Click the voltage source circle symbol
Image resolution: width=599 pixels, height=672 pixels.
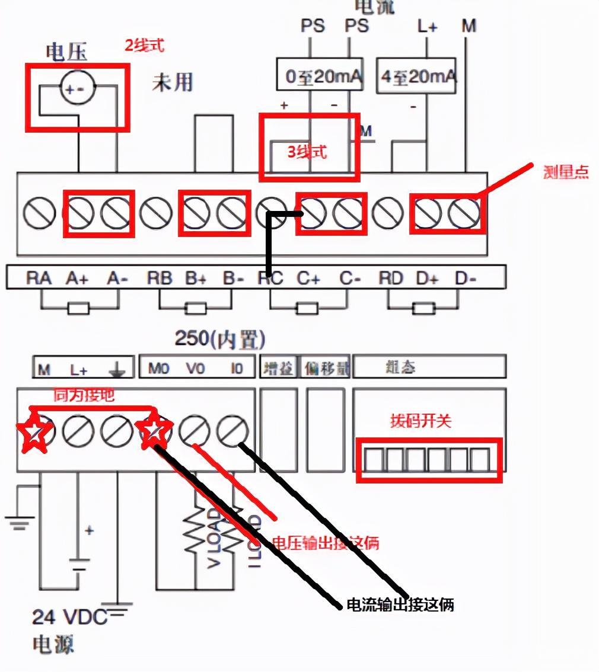[77, 89]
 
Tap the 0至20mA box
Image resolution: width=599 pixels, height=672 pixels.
[319, 76]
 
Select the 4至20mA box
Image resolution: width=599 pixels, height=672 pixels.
[416, 76]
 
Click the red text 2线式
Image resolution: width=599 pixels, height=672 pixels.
[144, 46]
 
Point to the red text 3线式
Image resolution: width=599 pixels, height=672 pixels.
[307, 152]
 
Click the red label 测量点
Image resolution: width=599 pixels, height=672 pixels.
[566, 172]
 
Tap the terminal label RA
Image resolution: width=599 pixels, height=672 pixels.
[39, 277]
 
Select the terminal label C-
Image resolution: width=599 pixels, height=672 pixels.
[350, 277]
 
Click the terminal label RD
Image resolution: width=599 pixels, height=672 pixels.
[390, 277]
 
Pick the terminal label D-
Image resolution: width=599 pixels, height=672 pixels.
[465, 277]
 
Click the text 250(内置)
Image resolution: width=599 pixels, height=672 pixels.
[219, 339]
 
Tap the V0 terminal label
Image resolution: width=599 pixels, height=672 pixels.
[195, 368]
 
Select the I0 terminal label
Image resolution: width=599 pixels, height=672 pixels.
[236, 368]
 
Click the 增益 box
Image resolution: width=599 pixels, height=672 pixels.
[278, 368]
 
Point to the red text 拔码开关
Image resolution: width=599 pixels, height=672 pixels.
[420, 421]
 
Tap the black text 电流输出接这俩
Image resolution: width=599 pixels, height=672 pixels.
[400, 605]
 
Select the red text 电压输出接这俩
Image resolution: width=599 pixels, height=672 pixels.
[324, 542]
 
